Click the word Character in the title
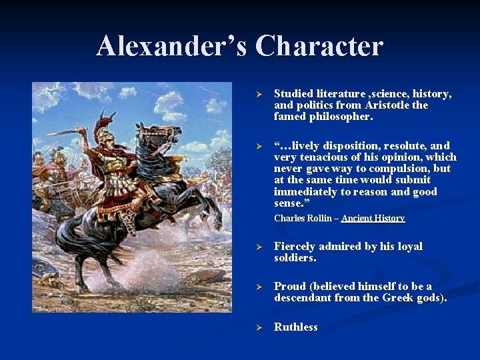[319, 46]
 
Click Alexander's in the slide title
[172, 46]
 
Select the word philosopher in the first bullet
[341, 117]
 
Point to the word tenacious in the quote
[323, 157]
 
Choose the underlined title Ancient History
[373, 218]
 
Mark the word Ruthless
[296, 327]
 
